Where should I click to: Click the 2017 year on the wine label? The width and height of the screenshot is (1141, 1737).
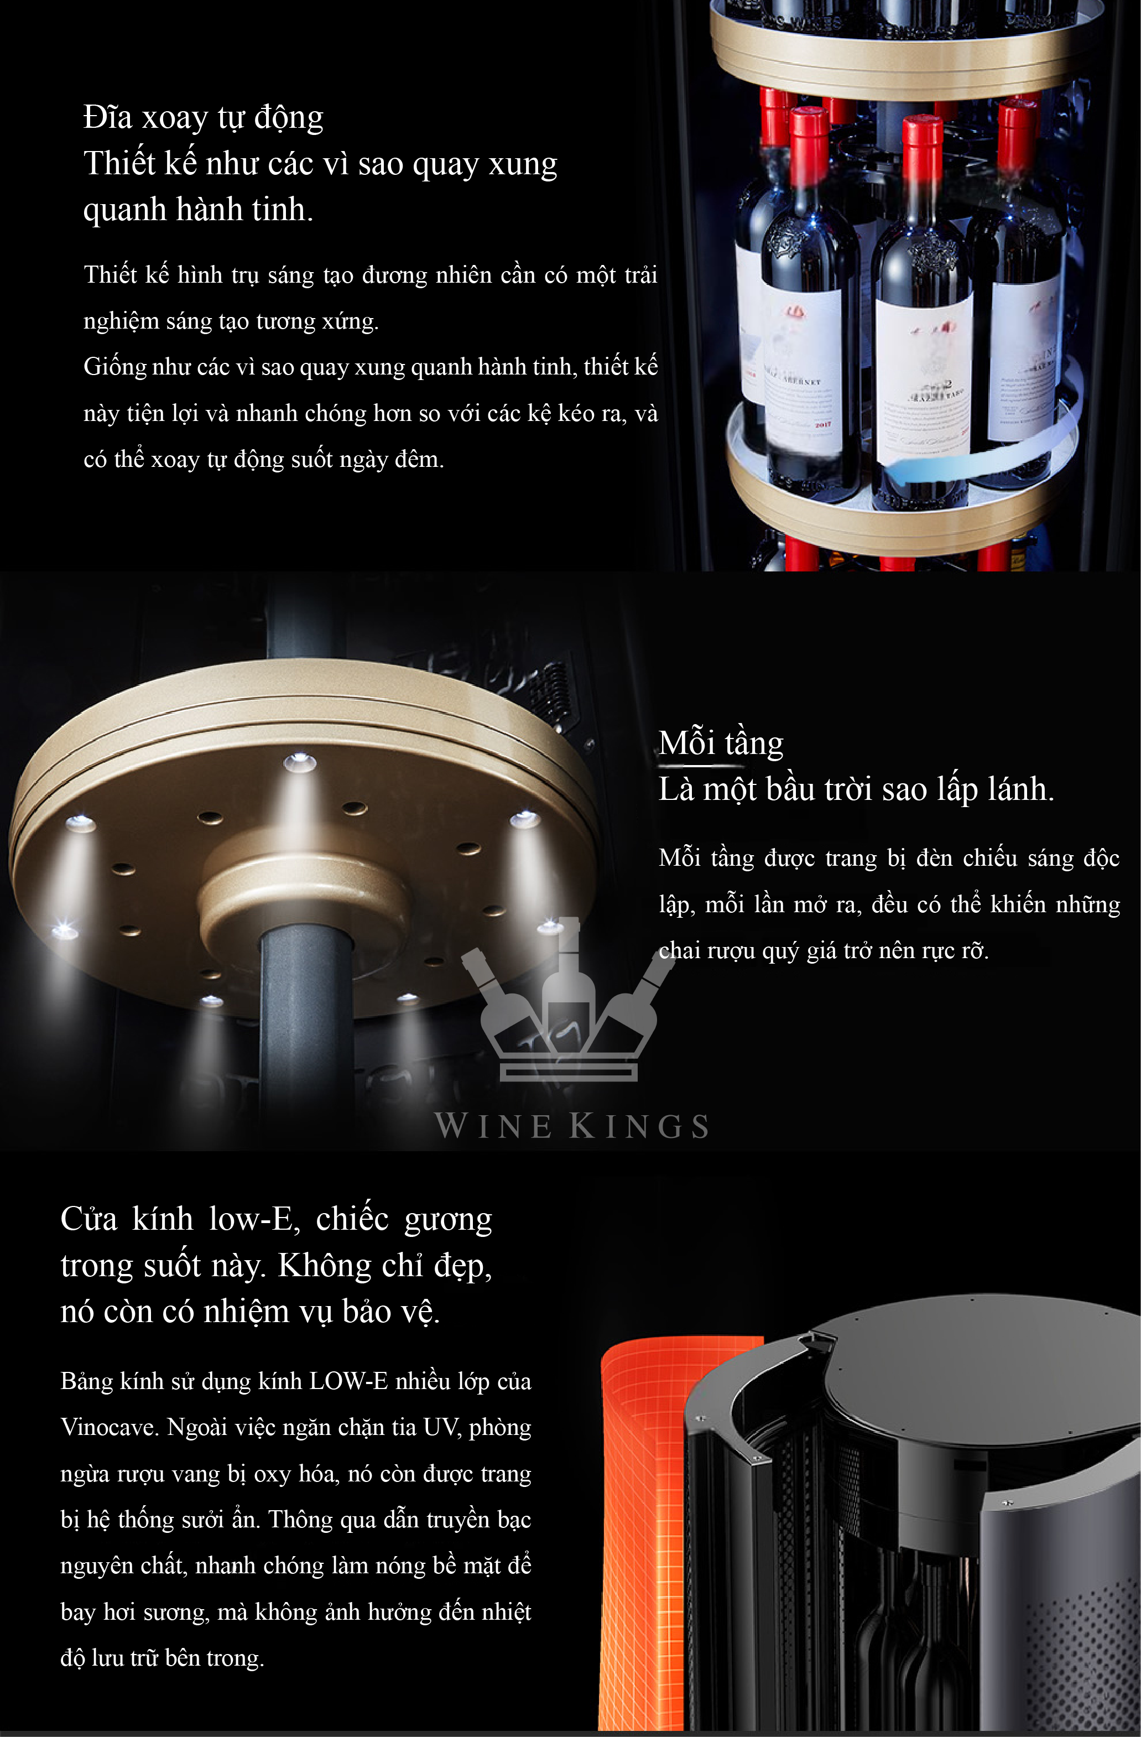[823, 424]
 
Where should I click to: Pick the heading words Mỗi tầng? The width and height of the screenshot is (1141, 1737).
[721, 743]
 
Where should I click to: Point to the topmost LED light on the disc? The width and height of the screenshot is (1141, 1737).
[299, 763]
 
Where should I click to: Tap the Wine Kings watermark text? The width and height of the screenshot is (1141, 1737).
[571, 1125]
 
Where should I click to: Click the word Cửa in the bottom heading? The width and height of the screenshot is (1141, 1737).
[89, 1220]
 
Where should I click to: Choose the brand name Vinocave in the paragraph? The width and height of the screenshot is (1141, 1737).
[110, 1428]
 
